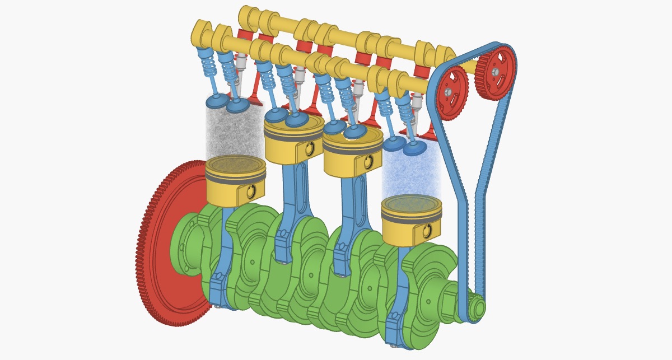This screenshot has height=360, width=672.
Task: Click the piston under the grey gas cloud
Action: (x=235, y=179)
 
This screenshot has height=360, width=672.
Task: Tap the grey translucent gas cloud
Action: (x=234, y=132)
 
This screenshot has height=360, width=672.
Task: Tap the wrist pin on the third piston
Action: (x=367, y=162)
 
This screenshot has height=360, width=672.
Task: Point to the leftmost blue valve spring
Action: (x=209, y=67)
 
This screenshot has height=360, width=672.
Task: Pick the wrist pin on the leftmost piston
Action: (x=250, y=191)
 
